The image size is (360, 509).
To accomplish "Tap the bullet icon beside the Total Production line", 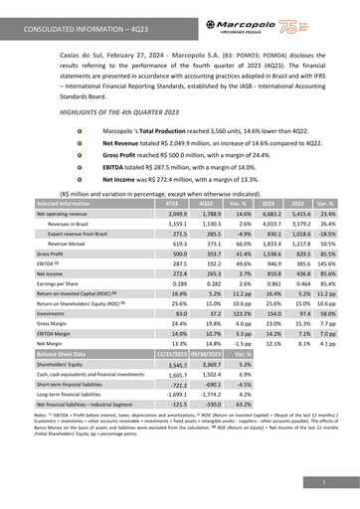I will point(92,131).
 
